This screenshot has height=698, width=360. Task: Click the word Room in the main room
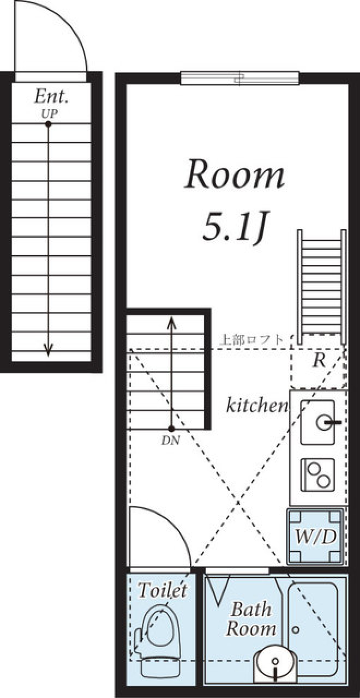pyautogui.click(x=234, y=175)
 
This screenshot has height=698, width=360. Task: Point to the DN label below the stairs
pyautogui.click(x=171, y=441)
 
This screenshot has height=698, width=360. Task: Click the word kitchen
pyautogui.click(x=257, y=406)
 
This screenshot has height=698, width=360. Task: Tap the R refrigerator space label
pyautogui.click(x=318, y=360)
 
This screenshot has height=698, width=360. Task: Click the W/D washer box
pyautogui.click(x=315, y=536)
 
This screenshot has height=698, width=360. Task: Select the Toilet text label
pyautogui.click(x=162, y=590)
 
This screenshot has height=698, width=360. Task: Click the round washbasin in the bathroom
pyautogui.click(x=276, y=661)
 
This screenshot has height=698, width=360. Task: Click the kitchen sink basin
pyautogui.click(x=317, y=422)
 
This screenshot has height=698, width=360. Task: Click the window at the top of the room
pyautogui.click(x=240, y=78)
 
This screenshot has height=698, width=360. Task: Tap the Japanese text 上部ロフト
pyautogui.click(x=252, y=340)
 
